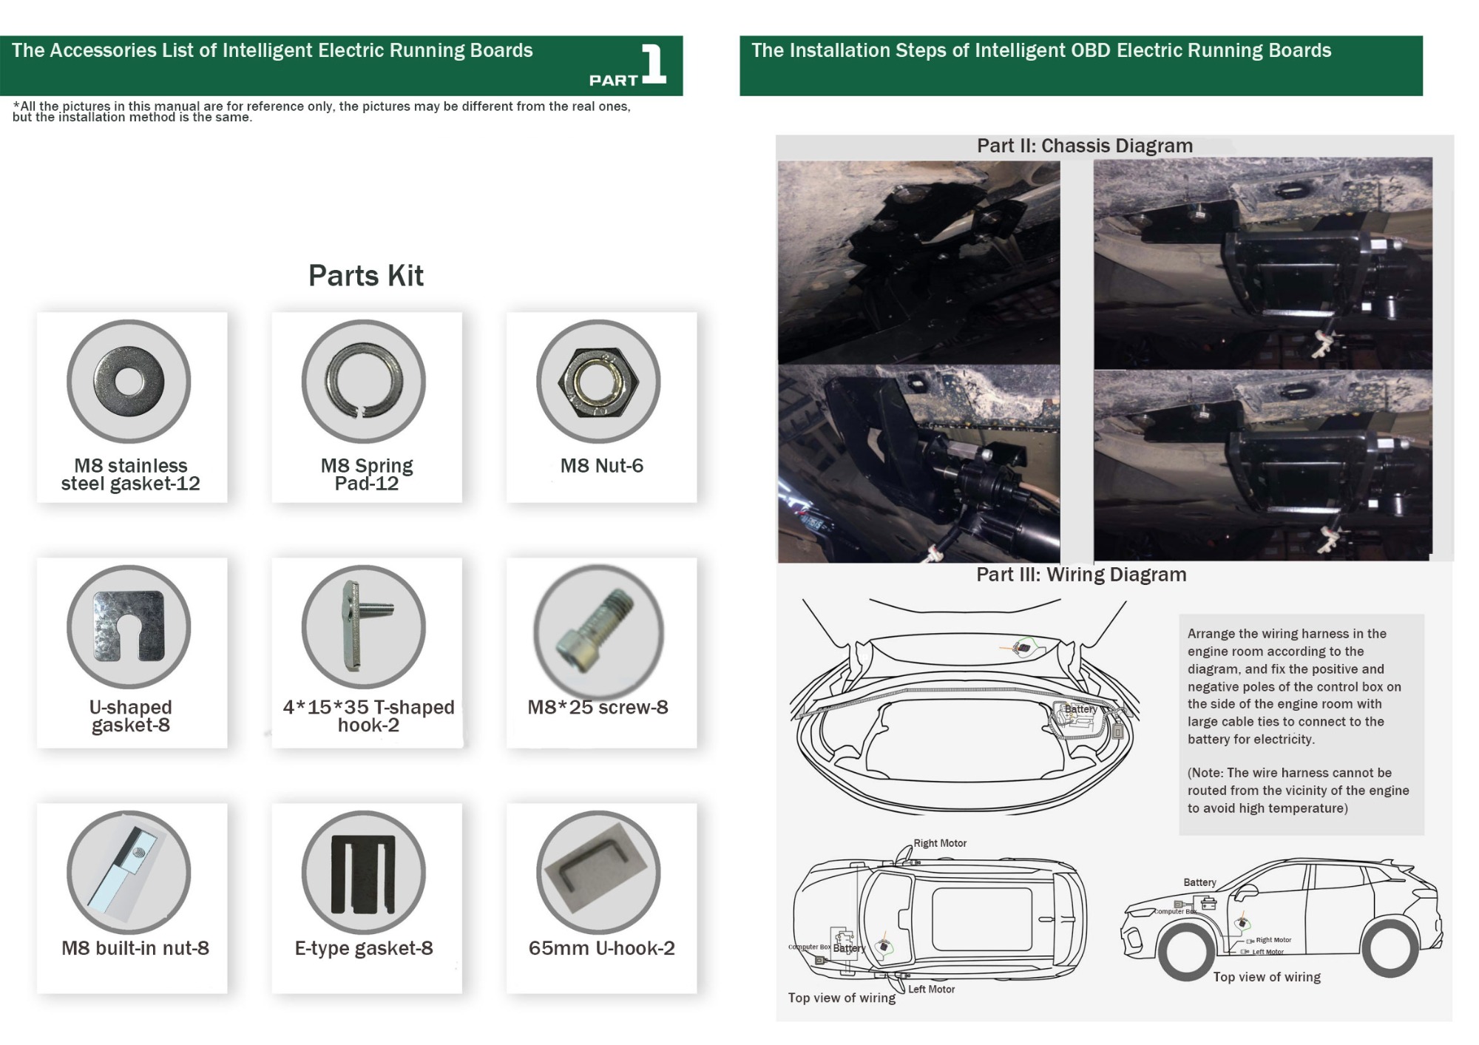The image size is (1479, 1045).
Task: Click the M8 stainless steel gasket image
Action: click(129, 382)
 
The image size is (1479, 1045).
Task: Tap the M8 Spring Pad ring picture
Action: click(364, 382)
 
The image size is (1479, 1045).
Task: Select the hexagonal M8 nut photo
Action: click(598, 382)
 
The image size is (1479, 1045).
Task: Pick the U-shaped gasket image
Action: click(129, 627)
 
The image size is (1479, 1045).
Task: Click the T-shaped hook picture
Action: click(364, 627)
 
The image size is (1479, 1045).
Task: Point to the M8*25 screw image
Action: click(598, 630)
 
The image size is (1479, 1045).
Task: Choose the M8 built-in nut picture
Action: click(129, 873)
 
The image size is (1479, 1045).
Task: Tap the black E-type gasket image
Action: click(364, 873)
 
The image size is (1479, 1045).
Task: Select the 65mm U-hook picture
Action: click(598, 873)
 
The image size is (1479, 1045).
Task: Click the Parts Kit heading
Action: click(365, 276)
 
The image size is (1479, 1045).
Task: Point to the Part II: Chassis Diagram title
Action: click(1084, 146)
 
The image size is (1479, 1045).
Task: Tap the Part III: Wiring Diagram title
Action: click(1080, 575)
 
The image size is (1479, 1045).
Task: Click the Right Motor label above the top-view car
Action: click(939, 843)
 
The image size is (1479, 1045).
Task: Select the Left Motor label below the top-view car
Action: click(931, 989)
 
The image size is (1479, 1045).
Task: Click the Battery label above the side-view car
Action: click(1199, 882)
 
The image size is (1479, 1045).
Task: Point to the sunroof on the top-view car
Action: click(982, 919)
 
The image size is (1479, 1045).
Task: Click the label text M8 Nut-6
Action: click(601, 466)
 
